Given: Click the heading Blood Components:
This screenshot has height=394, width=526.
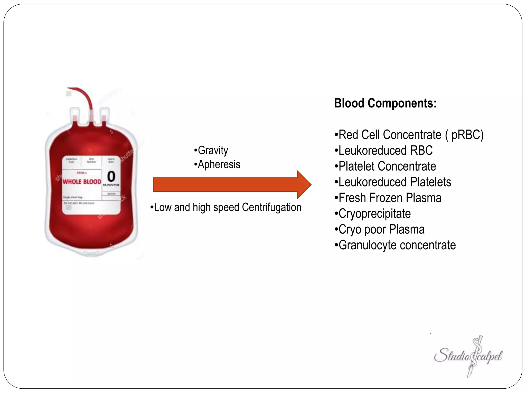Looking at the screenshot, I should tap(385, 103).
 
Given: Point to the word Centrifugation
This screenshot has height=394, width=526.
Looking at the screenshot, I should tap(271, 207).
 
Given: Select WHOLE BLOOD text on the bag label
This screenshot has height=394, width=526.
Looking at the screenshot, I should tap(82, 182).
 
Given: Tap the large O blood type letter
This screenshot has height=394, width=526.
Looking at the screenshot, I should tap(111, 176).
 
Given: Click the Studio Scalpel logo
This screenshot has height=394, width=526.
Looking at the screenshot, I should tap(468, 356).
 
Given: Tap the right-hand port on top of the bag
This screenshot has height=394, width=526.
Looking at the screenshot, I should tap(104, 117).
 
